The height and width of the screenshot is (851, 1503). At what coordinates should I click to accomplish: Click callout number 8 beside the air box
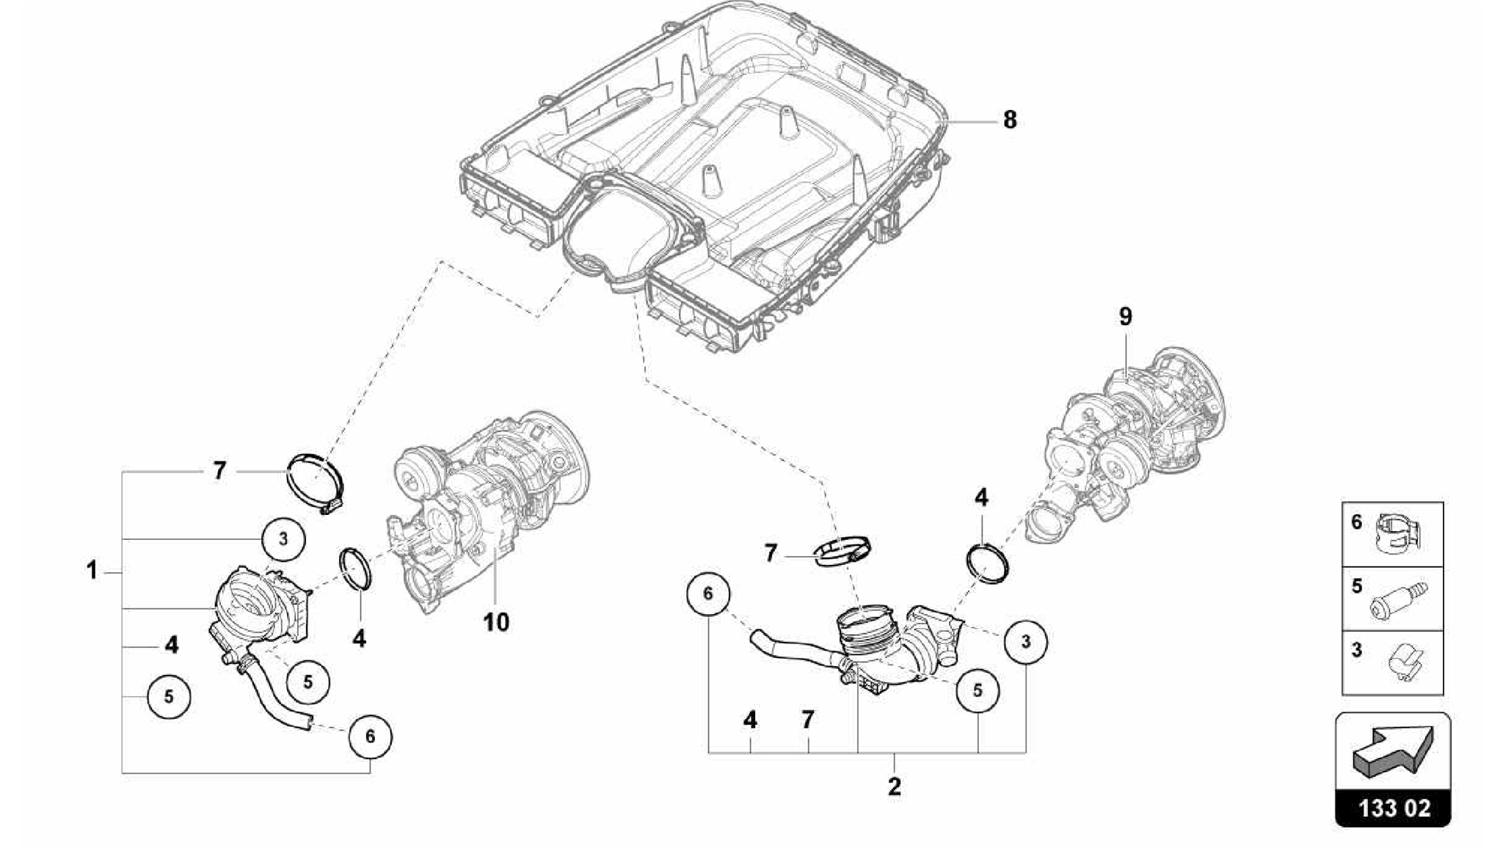pyautogui.click(x=1010, y=120)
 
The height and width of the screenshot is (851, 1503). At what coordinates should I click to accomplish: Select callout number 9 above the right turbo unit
pyautogui.click(x=1125, y=317)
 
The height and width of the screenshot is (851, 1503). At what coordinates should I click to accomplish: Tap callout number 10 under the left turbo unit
pyautogui.click(x=496, y=622)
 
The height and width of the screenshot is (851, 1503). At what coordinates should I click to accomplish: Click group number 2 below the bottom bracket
pyautogui.click(x=894, y=786)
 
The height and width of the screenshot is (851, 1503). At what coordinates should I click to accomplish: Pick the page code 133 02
pyautogui.click(x=1394, y=808)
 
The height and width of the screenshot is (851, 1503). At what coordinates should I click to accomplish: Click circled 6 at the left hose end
pyautogui.click(x=370, y=736)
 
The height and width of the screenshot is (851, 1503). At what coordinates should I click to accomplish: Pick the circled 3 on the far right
pyautogui.click(x=1026, y=641)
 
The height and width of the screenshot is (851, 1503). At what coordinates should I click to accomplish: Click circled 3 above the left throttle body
pyautogui.click(x=283, y=538)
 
